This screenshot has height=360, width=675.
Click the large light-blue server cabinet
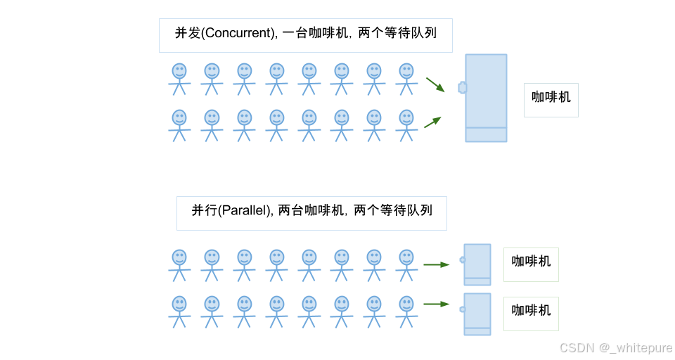[486, 98]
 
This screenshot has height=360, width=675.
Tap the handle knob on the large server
[462, 87]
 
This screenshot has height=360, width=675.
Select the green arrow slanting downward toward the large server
[435, 84]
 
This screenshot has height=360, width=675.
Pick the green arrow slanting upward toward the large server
[432, 122]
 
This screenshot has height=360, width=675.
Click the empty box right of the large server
[551, 100]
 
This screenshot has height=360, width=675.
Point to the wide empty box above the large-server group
[305, 35]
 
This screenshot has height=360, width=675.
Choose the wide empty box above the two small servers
[311, 213]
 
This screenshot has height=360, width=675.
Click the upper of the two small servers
[477, 264]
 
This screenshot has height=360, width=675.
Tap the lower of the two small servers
[477, 314]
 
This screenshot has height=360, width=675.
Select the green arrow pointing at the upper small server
[436, 264]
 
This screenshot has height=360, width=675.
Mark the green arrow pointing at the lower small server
[436, 304]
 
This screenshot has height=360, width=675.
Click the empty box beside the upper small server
[531, 264]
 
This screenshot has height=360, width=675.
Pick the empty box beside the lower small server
[531, 314]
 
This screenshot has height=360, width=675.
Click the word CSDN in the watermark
[576, 347]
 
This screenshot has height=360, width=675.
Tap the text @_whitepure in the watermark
[635, 347]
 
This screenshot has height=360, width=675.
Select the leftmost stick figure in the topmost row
[179, 78]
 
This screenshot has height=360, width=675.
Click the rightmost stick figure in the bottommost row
[406, 311]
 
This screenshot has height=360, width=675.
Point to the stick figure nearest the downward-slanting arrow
[406, 78]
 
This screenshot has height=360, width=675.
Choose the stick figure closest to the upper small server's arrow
[406, 264]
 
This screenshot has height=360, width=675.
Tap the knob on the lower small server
[462, 309]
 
